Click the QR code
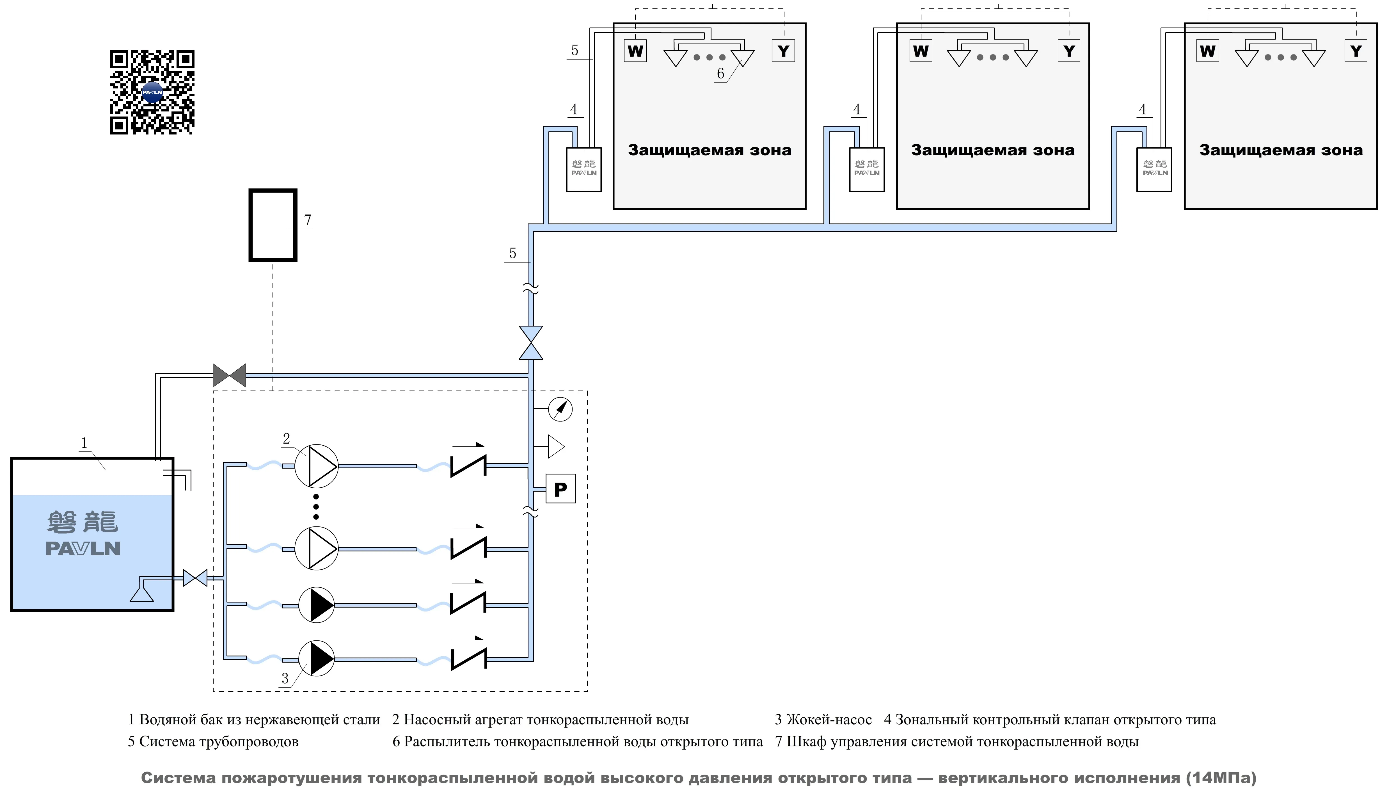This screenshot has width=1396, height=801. pos(152,92)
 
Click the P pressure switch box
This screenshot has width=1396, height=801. pos(560,489)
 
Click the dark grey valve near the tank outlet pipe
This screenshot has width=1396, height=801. pos(229,375)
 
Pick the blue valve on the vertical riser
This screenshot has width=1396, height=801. pos(530,343)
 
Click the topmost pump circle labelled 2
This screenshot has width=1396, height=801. pos(316,466)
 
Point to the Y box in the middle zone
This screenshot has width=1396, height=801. pos(1069,51)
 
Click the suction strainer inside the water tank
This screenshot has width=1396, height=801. pos(141,594)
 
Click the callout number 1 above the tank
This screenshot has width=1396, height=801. pos(84,443)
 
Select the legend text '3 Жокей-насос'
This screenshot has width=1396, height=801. pos(823,720)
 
